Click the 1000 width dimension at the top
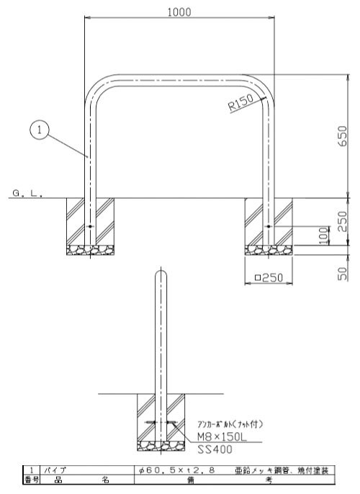[179, 12]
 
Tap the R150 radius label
[241, 102]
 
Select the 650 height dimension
[343, 136]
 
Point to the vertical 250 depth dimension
[343, 221]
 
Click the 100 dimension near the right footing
[323, 235]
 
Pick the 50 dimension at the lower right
[343, 273]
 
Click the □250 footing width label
[269, 277]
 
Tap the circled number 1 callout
[40, 130]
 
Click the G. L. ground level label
[27, 193]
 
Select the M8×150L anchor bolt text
[222, 436]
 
